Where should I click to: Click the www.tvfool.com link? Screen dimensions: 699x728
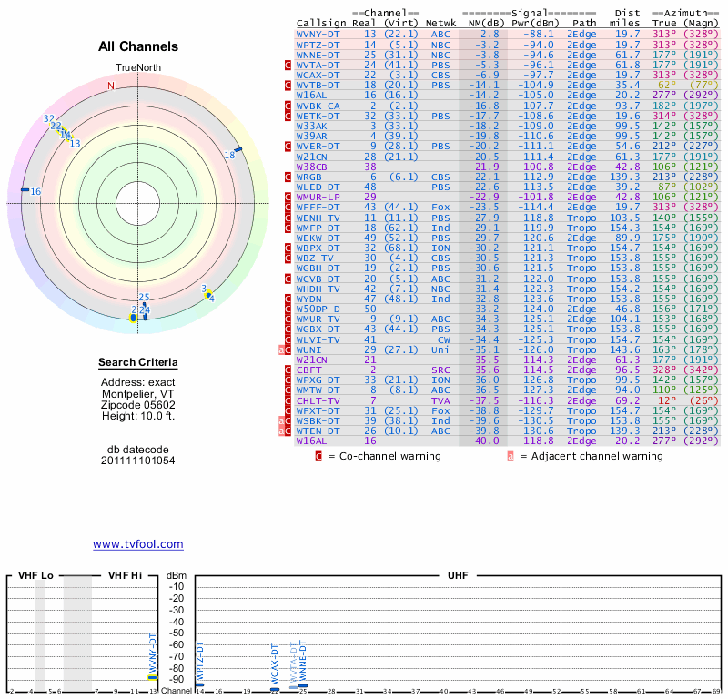pos(138,544)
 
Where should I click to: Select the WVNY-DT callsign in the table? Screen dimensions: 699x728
pos(318,33)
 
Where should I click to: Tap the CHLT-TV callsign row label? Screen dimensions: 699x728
pos(318,400)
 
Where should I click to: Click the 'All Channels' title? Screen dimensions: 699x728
pos(138,46)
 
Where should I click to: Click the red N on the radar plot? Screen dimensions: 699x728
pos(111,86)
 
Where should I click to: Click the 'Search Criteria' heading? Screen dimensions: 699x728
pos(137,364)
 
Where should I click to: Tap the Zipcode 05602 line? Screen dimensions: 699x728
pos(137,405)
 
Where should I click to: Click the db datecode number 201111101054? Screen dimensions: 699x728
pos(137,461)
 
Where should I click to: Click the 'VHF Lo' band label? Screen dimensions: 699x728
pos(35,576)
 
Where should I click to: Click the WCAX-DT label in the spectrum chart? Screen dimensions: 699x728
pos(275,664)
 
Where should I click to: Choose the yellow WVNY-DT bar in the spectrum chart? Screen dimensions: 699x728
pos(153,677)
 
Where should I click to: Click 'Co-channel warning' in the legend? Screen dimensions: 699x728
pos(374,456)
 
